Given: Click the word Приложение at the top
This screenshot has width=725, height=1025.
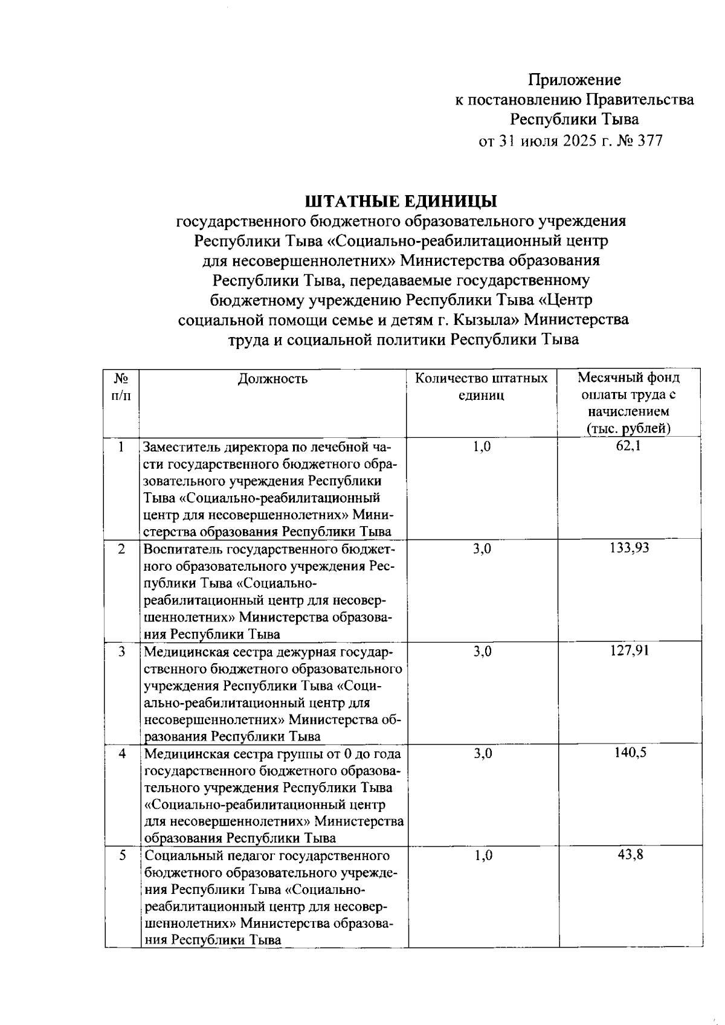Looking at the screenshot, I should click(575, 80).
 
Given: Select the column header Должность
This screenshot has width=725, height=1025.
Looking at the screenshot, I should click(272, 379).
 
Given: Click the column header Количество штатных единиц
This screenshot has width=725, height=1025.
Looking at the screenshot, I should click(481, 387).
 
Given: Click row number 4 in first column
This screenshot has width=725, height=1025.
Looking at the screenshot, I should click(122, 754).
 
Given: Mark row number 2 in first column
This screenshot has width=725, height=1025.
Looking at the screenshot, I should click(122, 549).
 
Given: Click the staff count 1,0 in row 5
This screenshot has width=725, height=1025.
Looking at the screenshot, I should click(482, 855).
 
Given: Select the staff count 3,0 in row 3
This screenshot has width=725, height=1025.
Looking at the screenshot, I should click(482, 651).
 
